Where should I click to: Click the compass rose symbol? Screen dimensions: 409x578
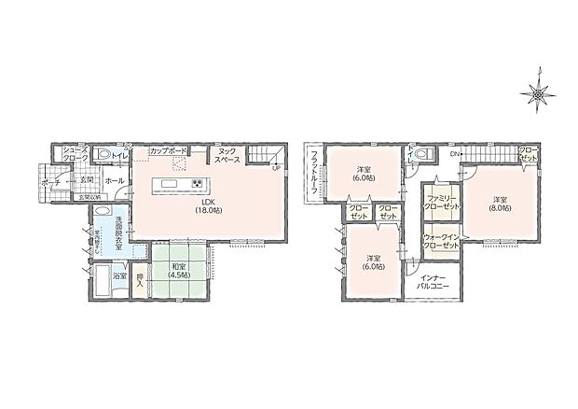coord(539,92)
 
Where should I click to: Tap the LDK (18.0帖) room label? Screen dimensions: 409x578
coord(208,206)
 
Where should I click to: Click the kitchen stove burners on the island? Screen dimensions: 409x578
coord(197,181)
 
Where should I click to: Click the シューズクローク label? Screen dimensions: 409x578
coord(75,154)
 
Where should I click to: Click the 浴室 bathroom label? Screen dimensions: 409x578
coord(119,276)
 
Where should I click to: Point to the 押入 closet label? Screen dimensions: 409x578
coord(139,281)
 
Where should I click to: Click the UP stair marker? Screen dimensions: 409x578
coord(275,168)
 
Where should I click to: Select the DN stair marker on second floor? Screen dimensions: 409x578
coord(453,152)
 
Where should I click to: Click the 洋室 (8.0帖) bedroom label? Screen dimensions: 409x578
coord(500,204)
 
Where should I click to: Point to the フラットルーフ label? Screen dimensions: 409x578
coord(315,172)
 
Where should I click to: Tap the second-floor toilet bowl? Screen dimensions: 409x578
coord(424,155)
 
